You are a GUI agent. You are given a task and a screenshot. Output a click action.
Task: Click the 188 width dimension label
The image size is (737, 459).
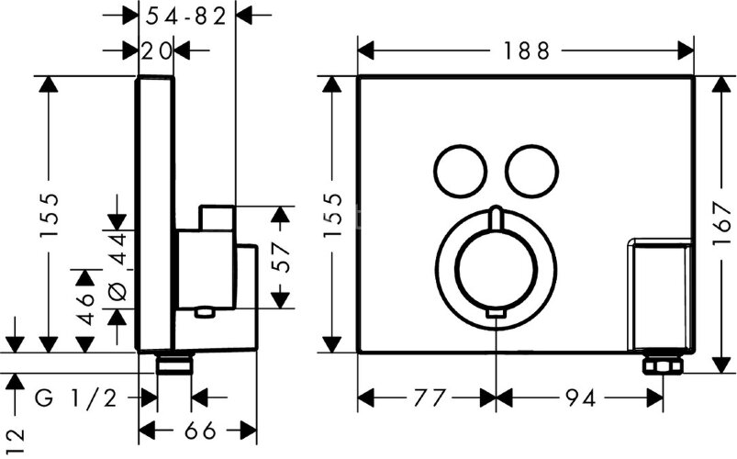click(x=526, y=50)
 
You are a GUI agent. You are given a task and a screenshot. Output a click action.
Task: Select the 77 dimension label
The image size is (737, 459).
click(x=429, y=398)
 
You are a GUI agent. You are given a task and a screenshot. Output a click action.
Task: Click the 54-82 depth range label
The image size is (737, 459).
click(x=186, y=17)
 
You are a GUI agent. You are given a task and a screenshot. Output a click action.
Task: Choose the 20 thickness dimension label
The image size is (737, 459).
click(x=157, y=50)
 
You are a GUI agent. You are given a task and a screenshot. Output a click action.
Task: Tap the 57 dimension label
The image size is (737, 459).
click(x=281, y=257)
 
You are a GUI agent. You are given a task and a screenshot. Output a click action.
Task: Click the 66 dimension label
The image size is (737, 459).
click(x=200, y=431)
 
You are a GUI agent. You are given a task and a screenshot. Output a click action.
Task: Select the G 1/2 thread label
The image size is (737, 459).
click(x=75, y=399)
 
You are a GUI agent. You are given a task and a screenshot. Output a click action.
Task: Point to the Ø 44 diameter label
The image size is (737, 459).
click(x=117, y=265)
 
